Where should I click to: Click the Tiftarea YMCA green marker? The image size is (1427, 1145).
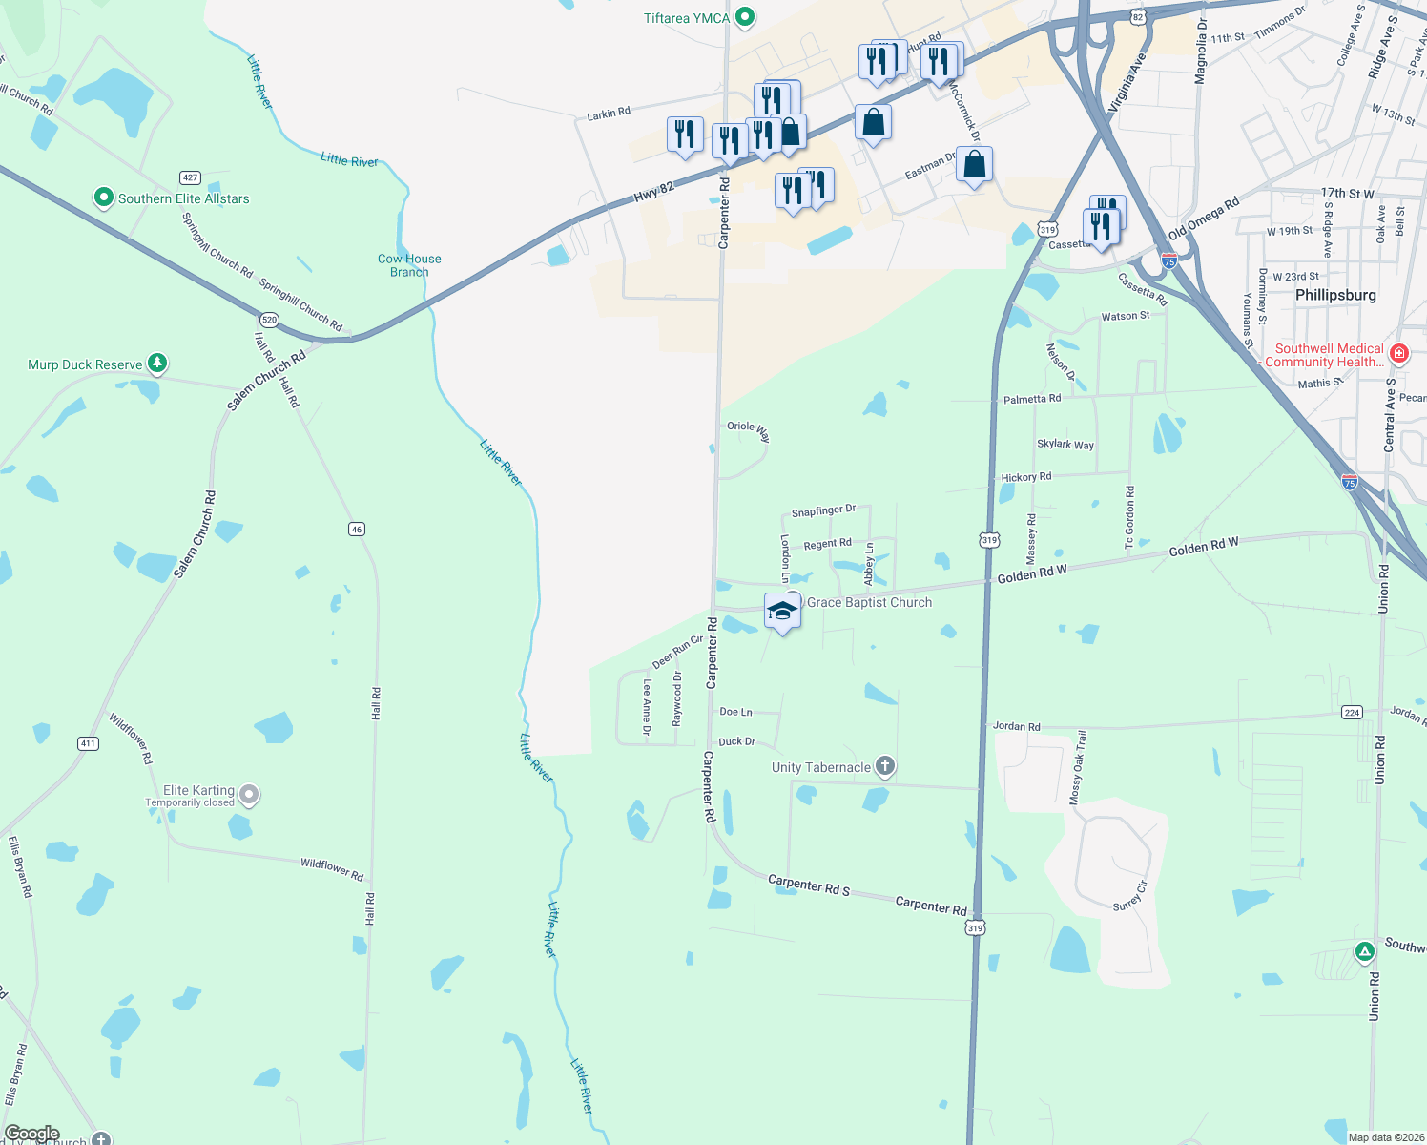[746, 17]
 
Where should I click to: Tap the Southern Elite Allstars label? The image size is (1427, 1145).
[183, 198]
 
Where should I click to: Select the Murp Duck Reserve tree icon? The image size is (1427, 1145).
[158, 364]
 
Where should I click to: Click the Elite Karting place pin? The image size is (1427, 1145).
[249, 794]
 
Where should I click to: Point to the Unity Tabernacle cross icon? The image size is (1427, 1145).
[885, 766]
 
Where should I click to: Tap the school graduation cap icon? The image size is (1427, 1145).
[782, 612]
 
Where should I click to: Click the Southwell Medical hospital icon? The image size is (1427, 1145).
[1399, 354]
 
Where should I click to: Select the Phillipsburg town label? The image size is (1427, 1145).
[1335, 295]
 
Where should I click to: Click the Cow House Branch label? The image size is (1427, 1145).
[409, 265]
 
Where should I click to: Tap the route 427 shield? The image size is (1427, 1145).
[190, 177]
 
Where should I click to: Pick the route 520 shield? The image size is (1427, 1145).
[269, 320]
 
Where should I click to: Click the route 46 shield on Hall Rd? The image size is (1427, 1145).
[357, 529]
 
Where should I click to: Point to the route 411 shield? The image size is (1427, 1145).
[88, 743]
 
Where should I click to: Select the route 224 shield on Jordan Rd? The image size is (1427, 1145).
[1352, 712]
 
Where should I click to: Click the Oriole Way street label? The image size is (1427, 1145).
[748, 429]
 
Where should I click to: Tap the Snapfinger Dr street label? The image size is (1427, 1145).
[824, 511]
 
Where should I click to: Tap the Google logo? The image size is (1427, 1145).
[31, 1134]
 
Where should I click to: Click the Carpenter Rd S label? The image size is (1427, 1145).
[808, 885]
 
